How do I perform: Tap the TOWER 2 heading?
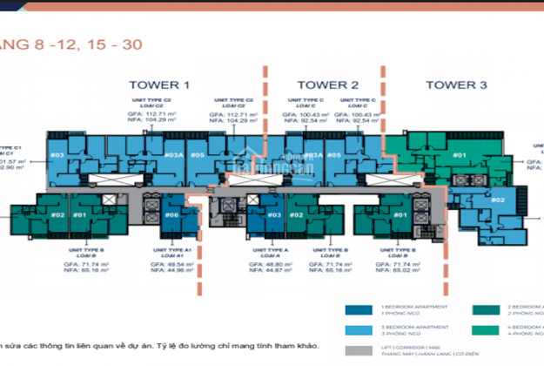tap(327, 85)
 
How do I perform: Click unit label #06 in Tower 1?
tap(171, 214)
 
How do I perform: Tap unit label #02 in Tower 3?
tap(498, 200)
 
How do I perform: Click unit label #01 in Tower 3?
tap(460, 156)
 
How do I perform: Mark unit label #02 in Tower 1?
tap(57, 214)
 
